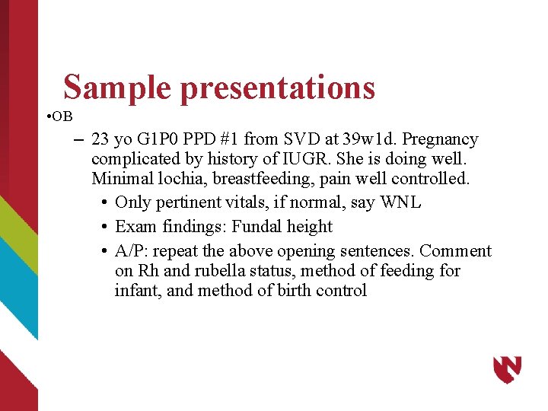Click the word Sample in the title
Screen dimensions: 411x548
click(118, 88)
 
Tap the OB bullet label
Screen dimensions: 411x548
click(62, 116)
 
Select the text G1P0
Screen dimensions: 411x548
click(158, 139)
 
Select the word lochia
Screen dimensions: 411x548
click(170, 180)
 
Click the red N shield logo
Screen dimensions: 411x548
click(507, 369)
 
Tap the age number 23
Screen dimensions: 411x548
click(100, 139)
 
